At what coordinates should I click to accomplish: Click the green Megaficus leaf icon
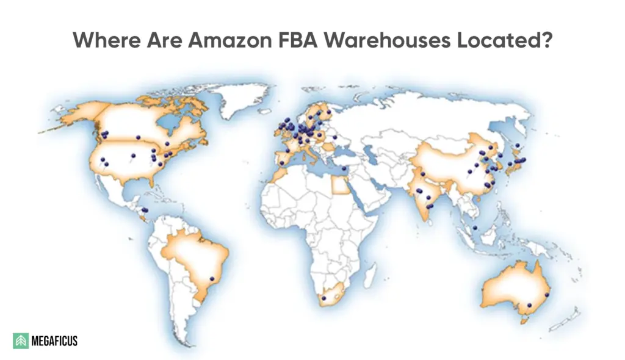click(x=21, y=340)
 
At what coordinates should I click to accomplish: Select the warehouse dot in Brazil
click(x=212, y=279)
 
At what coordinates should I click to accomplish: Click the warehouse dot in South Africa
click(x=324, y=298)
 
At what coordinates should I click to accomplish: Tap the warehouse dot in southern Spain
click(x=281, y=163)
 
